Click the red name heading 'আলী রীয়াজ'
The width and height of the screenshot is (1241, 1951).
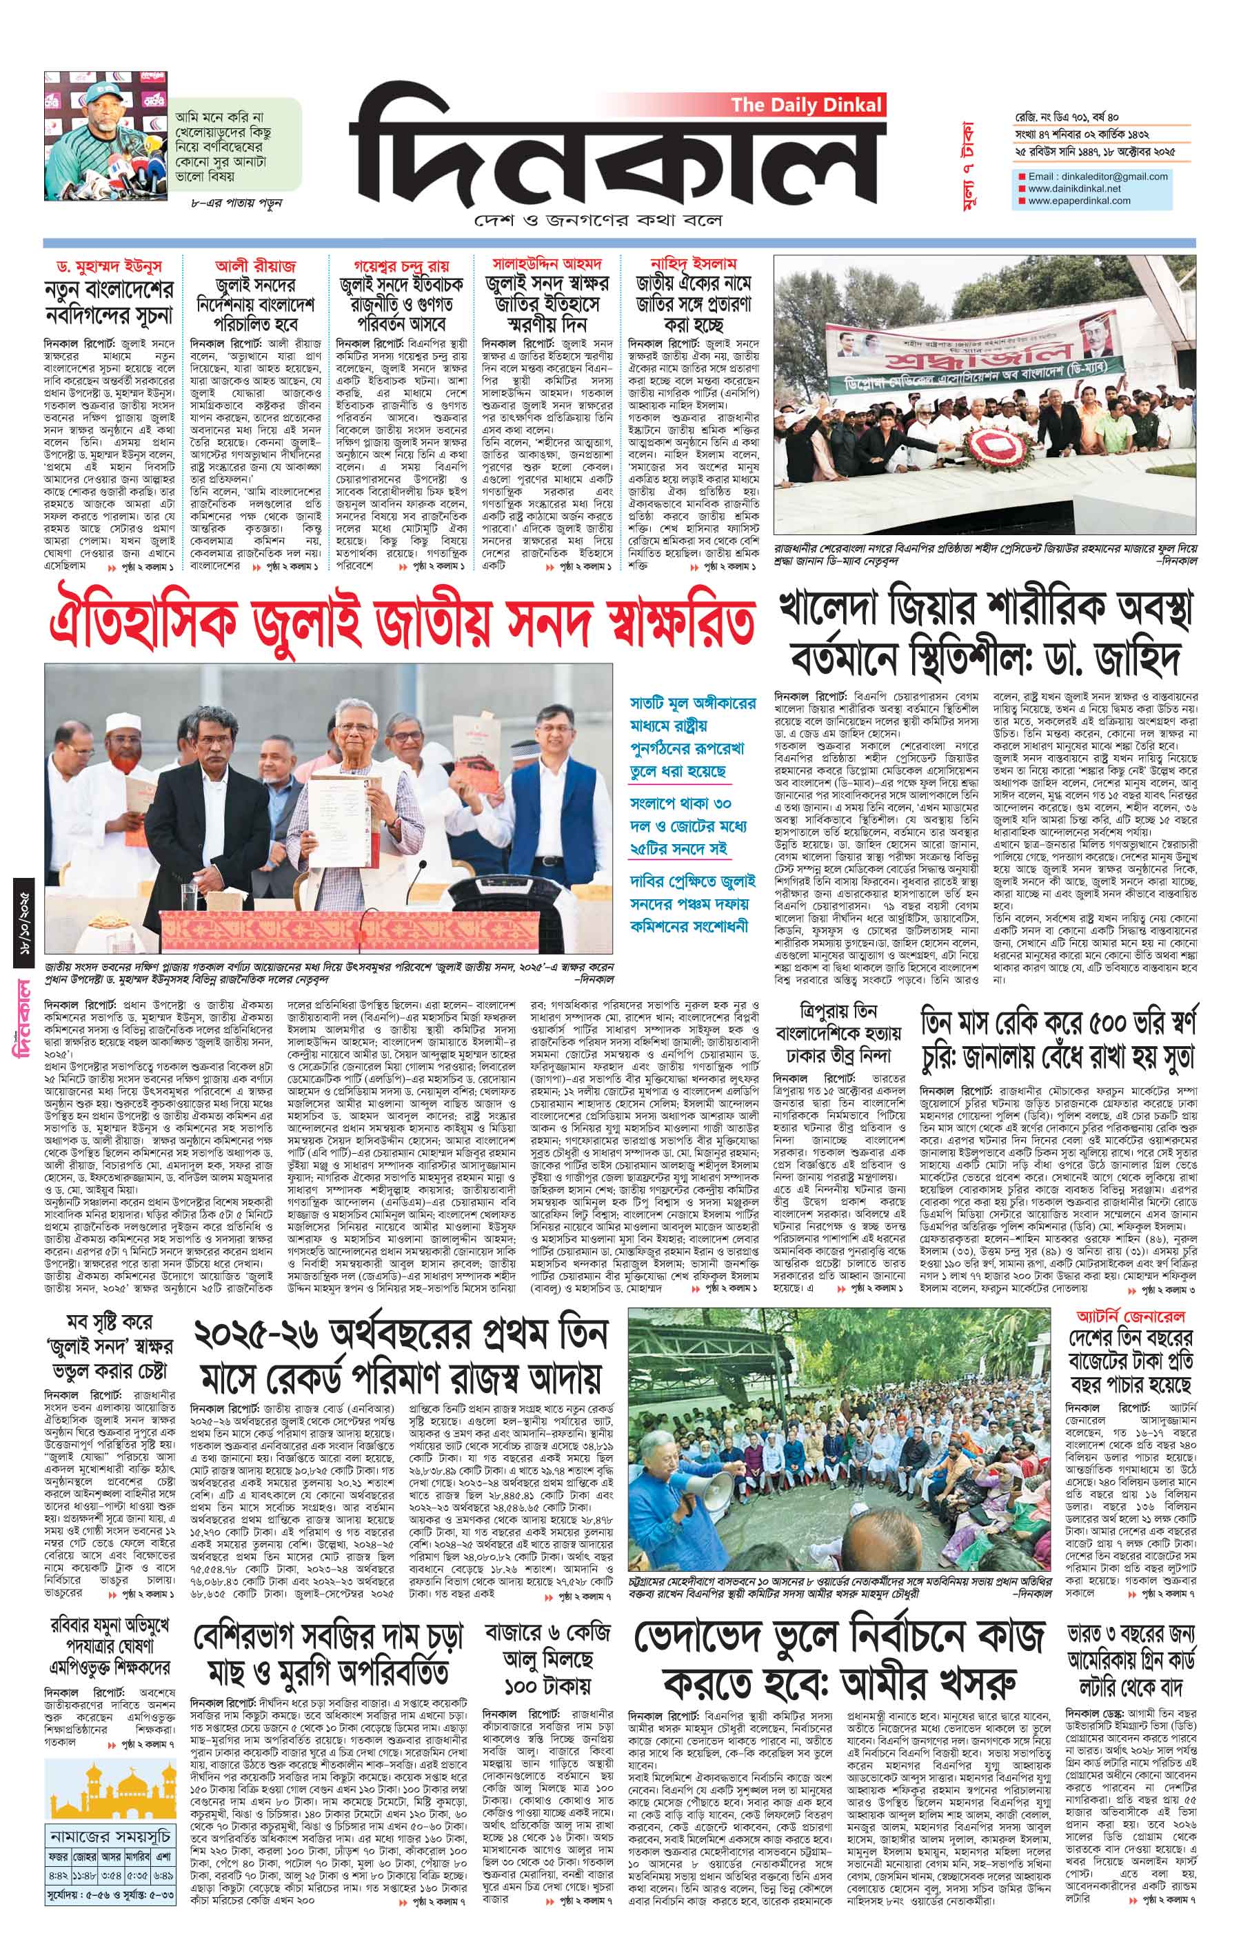(x=255, y=265)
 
